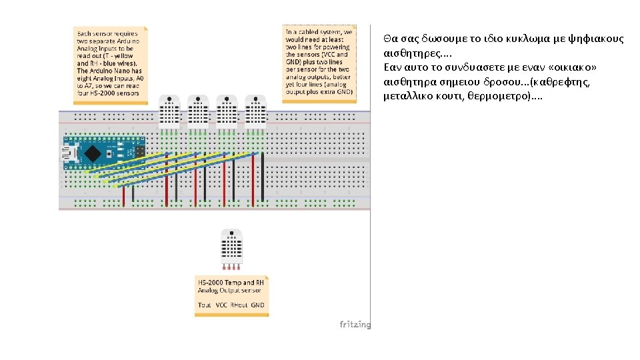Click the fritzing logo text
(355, 325)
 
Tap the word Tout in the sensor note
(205, 305)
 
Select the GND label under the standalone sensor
(257, 305)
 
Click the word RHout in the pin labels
(238, 305)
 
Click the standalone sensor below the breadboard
(231, 247)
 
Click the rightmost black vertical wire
(263, 177)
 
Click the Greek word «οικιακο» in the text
(569, 68)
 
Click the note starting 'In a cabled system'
(319, 63)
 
